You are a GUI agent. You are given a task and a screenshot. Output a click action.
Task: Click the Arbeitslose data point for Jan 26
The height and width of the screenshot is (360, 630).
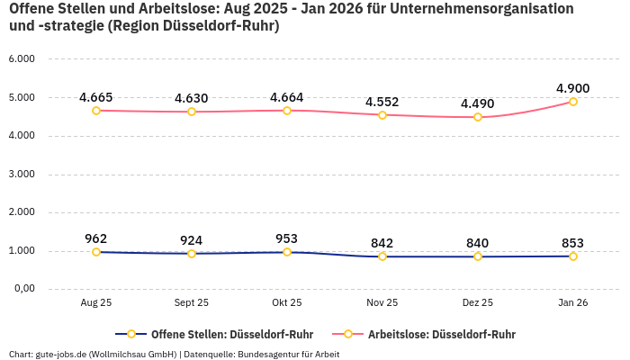pyautogui.click(x=572, y=102)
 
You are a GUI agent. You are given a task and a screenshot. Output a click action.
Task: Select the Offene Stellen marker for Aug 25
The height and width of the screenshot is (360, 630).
pyautogui.click(x=96, y=252)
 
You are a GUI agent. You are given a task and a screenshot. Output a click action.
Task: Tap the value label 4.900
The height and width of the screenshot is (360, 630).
pyautogui.click(x=572, y=88)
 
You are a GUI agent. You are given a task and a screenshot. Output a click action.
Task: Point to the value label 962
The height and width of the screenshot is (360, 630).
pyautogui.click(x=96, y=238)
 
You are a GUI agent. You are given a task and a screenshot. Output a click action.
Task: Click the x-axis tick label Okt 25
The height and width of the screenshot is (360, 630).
pyautogui.click(x=287, y=303)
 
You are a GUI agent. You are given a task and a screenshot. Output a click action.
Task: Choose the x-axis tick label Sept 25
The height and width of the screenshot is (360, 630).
pyautogui.click(x=192, y=303)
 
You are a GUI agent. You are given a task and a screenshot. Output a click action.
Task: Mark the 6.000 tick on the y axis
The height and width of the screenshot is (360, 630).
pyautogui.click(x=21, y=58)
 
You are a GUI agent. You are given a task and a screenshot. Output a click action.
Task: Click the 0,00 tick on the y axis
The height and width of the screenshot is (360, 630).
pyautogui.click(x=22, y=289)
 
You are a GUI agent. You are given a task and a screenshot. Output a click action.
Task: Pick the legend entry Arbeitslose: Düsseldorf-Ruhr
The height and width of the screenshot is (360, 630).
pyautogui.click(x=441, y=334)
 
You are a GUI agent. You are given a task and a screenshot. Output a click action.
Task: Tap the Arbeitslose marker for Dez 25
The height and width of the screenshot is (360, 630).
pyautogui.click(x=478, y=117)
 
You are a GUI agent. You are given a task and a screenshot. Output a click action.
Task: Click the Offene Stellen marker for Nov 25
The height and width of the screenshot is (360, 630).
pyautogui.click(x=382, y=256)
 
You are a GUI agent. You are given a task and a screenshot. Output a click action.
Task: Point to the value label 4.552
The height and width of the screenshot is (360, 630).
pyautogui.click(x=382, y=102)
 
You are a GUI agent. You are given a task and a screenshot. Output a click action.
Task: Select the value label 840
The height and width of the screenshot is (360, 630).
pyautogui.click(x=478, y=243)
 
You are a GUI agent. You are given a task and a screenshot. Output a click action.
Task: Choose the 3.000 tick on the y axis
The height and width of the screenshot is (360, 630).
pyautogui.click(x=21, y=174)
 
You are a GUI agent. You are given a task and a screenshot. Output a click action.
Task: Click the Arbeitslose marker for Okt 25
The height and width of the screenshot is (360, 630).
pyautogui.click(x=287, y=111)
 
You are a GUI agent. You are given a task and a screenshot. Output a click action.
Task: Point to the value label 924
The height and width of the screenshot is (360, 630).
pyautogui.click(x=192, y=240)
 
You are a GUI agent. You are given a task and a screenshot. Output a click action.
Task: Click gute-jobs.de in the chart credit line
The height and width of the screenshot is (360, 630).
pyautogui.click(x=61, y=354)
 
